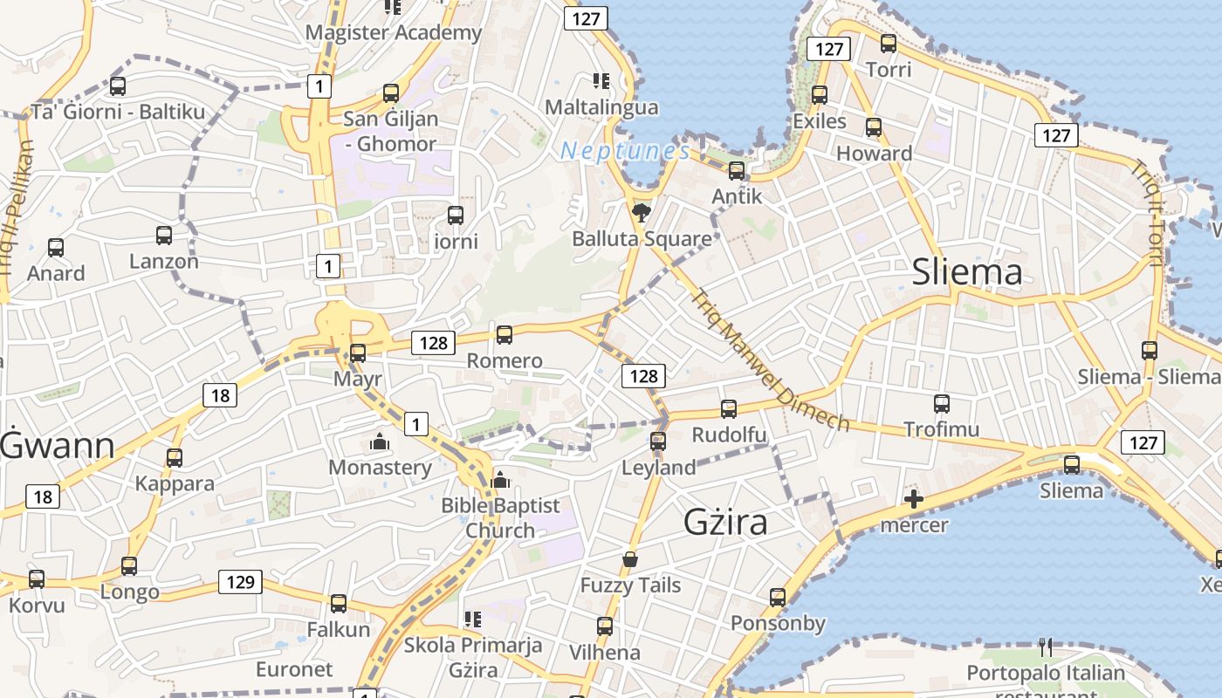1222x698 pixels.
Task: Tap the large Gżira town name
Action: [x=725, y=522]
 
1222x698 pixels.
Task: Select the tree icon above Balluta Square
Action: [x=642, y=212]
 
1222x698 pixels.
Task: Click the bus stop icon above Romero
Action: [x=505, y=334]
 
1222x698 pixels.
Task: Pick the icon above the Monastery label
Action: [x=379, y=442]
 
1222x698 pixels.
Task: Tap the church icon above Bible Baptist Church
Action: [x=500, y=480]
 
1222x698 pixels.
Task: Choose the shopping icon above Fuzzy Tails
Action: [x=630, y=559]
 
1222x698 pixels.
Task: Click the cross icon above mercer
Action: [x=914, y=499]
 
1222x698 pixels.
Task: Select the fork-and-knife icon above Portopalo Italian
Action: [x=1045, y=647]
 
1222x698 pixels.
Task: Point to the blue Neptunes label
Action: [x=625, y=151]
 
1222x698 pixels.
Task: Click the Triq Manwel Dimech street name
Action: [x=769, y=360]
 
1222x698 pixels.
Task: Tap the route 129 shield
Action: [x=240, y=582]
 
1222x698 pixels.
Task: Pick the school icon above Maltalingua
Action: [x=601, y=81]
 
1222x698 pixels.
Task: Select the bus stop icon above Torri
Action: [x=889, y=43]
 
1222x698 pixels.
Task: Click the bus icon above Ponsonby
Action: [x=778, y=598]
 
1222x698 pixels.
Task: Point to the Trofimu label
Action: [x=941, y=429]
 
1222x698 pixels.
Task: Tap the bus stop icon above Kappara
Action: [x=175, y=458]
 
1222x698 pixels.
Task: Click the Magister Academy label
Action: [x=393, y=33]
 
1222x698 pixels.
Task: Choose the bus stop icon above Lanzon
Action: [x=164, y=236]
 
